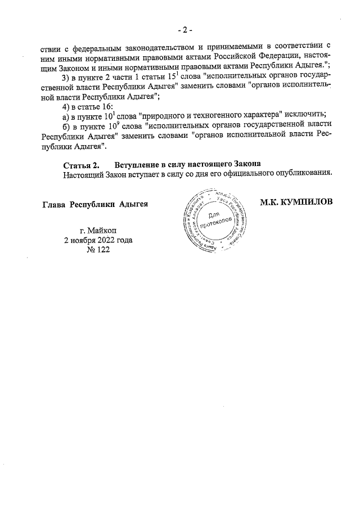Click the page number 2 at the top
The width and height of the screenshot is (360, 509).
point(183,29)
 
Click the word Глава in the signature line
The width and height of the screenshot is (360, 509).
point(55,204)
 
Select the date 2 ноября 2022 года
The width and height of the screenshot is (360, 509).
point(98,240)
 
